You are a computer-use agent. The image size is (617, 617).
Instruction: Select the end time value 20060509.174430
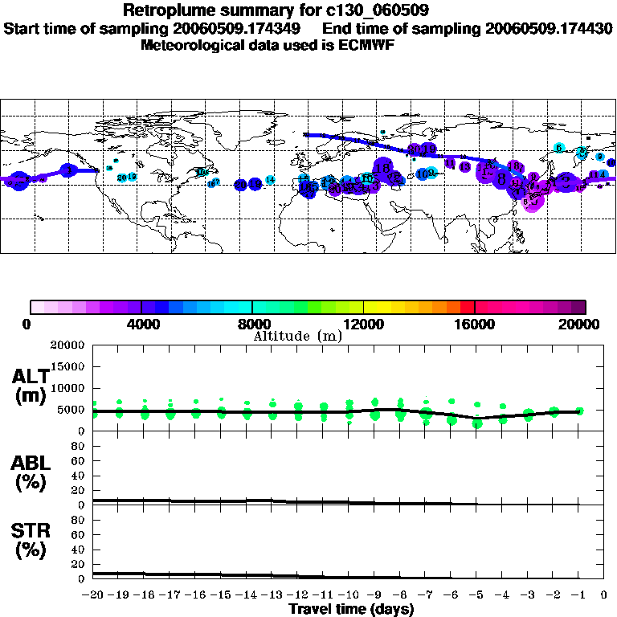tap(549, 28)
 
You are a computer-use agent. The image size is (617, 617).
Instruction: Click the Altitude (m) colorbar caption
tap(298, 336)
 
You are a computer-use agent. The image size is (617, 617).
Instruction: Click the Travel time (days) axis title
tap(351, 609)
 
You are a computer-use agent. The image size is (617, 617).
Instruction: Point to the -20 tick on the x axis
tap(94, 595)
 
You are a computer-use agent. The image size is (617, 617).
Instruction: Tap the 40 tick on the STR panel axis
tap(79, 550)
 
